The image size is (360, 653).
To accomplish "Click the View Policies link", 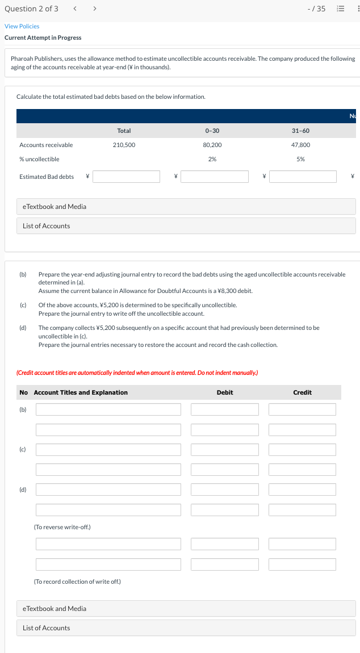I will [x=22, y=26].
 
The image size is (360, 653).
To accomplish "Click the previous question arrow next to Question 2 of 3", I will [x=76, y=9].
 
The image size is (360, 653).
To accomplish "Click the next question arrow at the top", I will [x=94, y=9].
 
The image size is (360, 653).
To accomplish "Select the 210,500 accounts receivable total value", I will [x=124, y=145].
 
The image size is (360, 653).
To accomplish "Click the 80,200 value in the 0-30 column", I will [x=211, y=145].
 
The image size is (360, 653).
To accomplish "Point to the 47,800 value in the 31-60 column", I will [x=300, y=145].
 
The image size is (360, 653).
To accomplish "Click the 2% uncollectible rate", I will [x=211, y=159].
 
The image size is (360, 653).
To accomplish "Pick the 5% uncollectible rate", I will [x=300, y=159].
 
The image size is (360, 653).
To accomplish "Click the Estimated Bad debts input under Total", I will [x=127, y=177].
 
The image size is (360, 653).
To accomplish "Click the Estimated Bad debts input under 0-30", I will [x=215, y=177].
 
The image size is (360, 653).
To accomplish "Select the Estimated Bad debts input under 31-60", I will [x=303, y=177].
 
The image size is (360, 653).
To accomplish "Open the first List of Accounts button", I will [x=47, y=226].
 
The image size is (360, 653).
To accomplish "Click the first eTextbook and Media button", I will [x=55, y=207].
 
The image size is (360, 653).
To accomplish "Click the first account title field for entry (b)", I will [x=108, y=409].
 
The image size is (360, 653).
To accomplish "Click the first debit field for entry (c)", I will [x=225, y=450].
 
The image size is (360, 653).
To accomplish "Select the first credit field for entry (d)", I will [x=302, y=489].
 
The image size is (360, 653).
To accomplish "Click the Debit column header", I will [x=225, y=392].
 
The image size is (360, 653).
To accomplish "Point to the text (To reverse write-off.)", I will [x=62, y=527].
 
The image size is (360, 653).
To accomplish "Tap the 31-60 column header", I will [x=300, y=131].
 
